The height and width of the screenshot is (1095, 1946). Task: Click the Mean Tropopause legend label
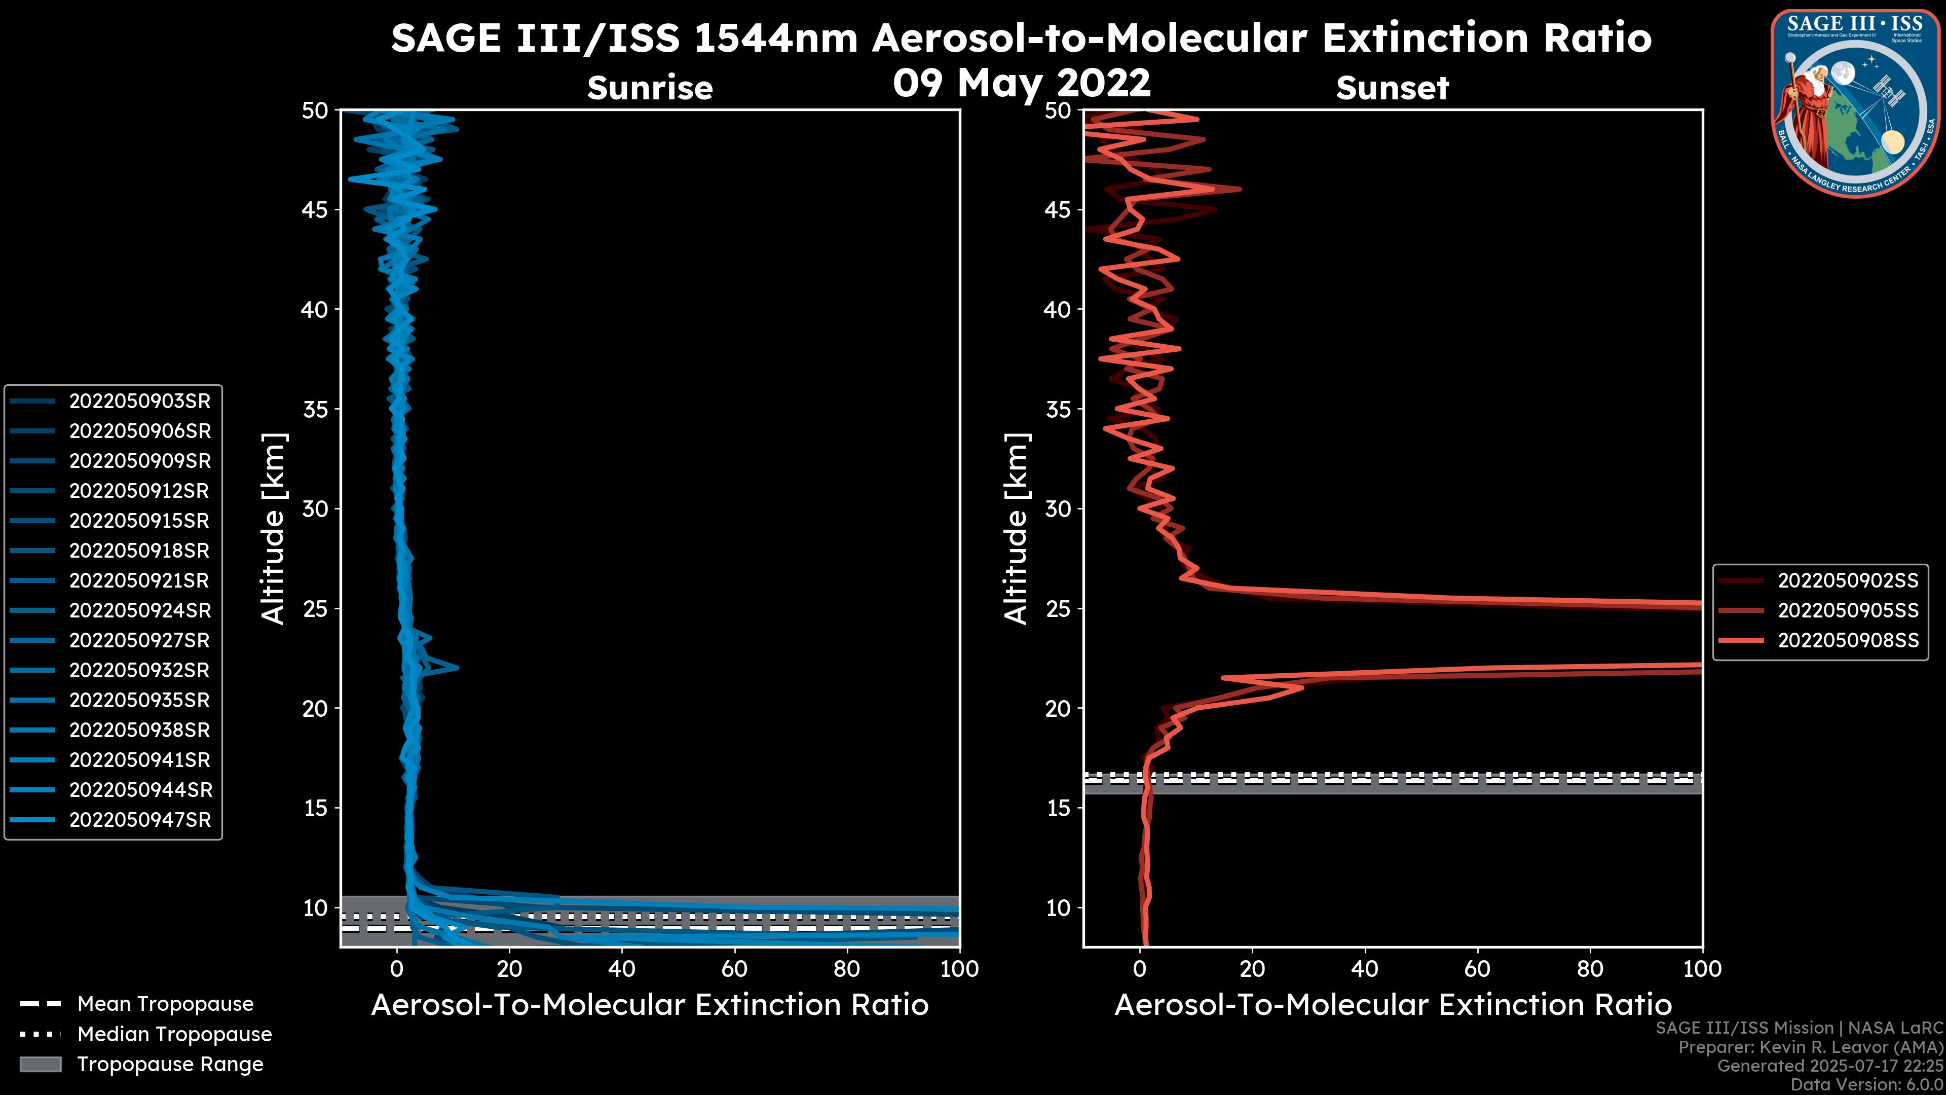[165, 1004]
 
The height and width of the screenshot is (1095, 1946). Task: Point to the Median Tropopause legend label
[174, 1035]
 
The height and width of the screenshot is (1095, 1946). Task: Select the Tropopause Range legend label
[170, 1065]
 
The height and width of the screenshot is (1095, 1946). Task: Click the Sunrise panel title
[650, 88]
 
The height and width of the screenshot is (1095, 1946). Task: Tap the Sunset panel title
[1392, 88]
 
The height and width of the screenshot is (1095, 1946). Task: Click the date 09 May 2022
[1021, 82]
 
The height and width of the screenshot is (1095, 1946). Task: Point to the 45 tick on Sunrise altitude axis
[315, 210]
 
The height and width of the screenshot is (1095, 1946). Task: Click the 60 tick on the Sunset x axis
[1477, 969]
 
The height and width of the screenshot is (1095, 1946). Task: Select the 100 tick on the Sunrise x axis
[959, 969]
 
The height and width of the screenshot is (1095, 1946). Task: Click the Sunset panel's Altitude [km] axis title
[1017, 529]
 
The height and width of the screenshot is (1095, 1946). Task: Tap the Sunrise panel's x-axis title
[650, 1005]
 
